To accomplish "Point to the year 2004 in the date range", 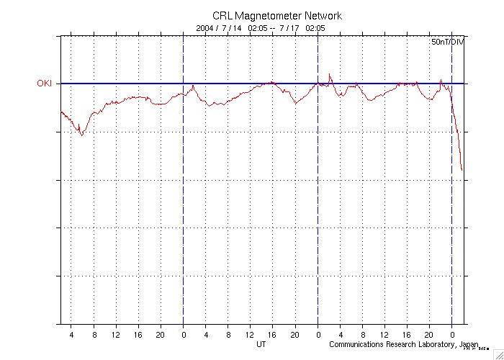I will tap(205, 28).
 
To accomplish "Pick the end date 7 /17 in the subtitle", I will tap(289, 28).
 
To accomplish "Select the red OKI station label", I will tap(45, 84).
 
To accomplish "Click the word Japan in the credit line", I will tap(469, 345).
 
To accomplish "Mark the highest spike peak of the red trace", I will tap(330, 74).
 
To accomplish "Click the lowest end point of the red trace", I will tap(462, 170).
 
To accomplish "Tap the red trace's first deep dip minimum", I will tap(81, 135).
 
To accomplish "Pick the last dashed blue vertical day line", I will tap(451, 216).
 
